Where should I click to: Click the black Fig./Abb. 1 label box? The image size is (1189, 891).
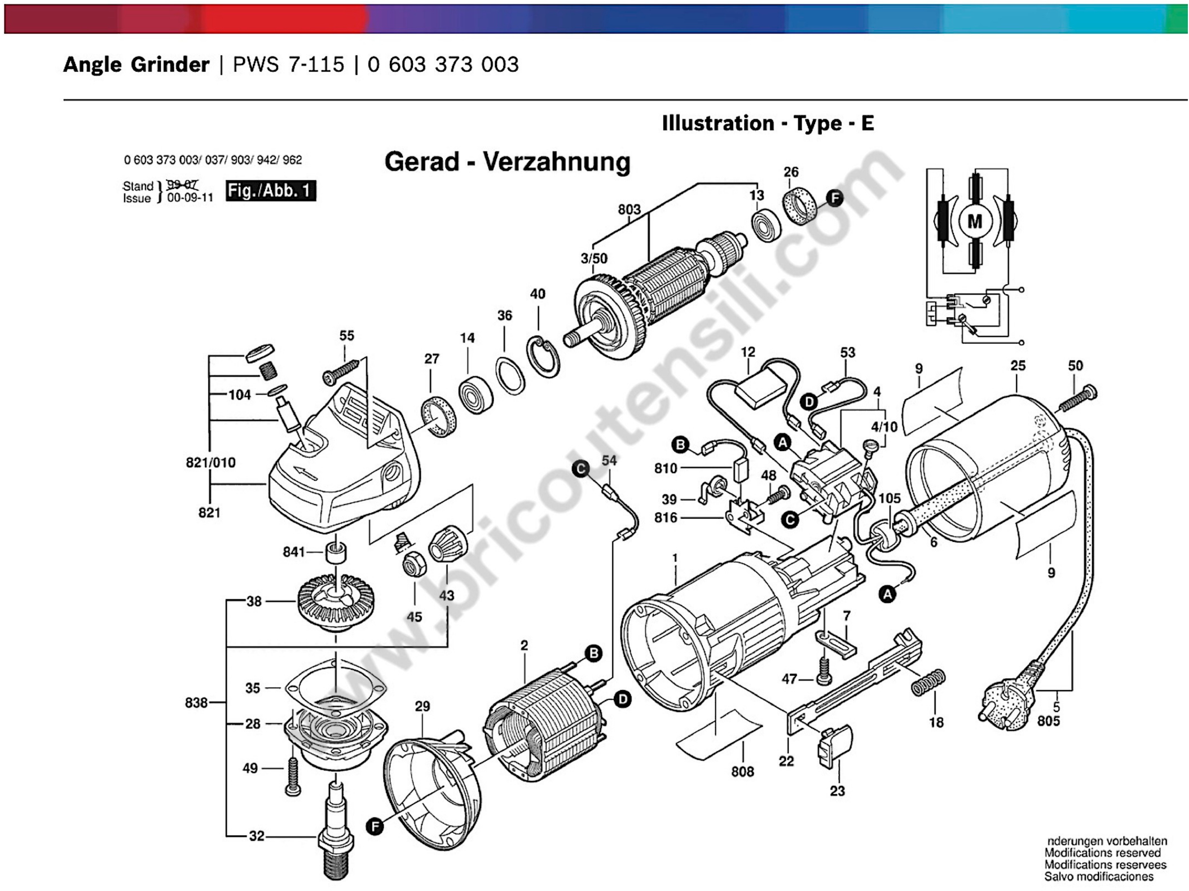(270, 191)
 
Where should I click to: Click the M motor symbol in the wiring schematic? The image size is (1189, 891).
(974, 221)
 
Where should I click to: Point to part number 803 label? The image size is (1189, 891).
(629, 209)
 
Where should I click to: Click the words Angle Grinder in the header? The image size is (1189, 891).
(137, 65)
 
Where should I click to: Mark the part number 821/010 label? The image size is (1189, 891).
(211, 462)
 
